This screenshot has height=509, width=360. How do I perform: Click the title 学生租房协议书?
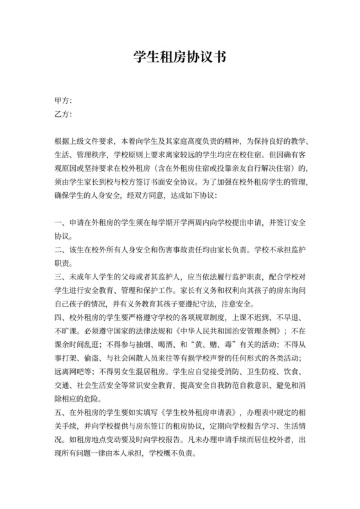pos(180,56)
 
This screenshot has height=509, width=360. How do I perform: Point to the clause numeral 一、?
pos(59,222)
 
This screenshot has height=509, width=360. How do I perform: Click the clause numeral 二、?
pos(59,249)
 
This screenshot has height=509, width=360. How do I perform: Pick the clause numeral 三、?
pos(59,276)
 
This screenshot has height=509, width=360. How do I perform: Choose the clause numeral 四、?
pos(59,317)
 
